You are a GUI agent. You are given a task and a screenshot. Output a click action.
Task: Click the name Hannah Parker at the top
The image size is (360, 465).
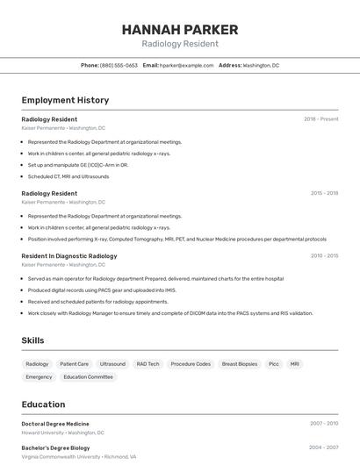point(180,29)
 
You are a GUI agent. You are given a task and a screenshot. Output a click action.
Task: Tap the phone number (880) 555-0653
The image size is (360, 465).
point(119,65)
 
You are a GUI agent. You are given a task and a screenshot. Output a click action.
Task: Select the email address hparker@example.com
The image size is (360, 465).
point(186,65)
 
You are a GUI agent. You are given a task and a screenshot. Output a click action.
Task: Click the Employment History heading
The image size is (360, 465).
point(65,100)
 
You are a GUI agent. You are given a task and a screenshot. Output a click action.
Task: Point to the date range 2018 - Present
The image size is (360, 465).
point(320,119)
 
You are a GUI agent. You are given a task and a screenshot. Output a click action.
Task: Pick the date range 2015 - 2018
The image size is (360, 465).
point(324,193)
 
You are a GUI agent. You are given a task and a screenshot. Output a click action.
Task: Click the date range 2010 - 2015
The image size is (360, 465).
point(324,256)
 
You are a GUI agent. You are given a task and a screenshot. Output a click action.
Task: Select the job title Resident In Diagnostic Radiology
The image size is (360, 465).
point(69,256)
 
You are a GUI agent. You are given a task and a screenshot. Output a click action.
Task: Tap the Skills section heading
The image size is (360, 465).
point(32,340)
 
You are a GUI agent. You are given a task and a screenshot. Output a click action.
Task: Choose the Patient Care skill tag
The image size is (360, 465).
point(74,363)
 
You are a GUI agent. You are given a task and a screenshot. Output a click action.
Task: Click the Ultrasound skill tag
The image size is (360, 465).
point(112,363)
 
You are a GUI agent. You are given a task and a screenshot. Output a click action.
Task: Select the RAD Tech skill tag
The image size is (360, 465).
point(148,363)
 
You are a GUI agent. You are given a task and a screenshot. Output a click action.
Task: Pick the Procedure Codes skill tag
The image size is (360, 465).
point(191,363)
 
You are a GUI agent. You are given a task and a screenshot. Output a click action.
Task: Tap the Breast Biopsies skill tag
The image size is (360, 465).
point(240,363)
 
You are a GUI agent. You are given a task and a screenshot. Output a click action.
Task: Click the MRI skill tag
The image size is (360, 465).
point(295,363)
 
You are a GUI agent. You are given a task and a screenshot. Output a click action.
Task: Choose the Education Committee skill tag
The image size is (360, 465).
point(88,376)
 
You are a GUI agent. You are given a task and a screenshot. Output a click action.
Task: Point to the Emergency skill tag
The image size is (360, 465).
point(39,376)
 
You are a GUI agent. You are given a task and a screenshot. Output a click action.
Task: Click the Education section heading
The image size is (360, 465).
point(43,404)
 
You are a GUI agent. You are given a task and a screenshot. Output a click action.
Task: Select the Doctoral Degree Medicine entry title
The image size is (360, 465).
point(55,424)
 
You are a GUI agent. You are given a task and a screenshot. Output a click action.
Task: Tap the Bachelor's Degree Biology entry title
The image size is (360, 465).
point(55,447)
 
